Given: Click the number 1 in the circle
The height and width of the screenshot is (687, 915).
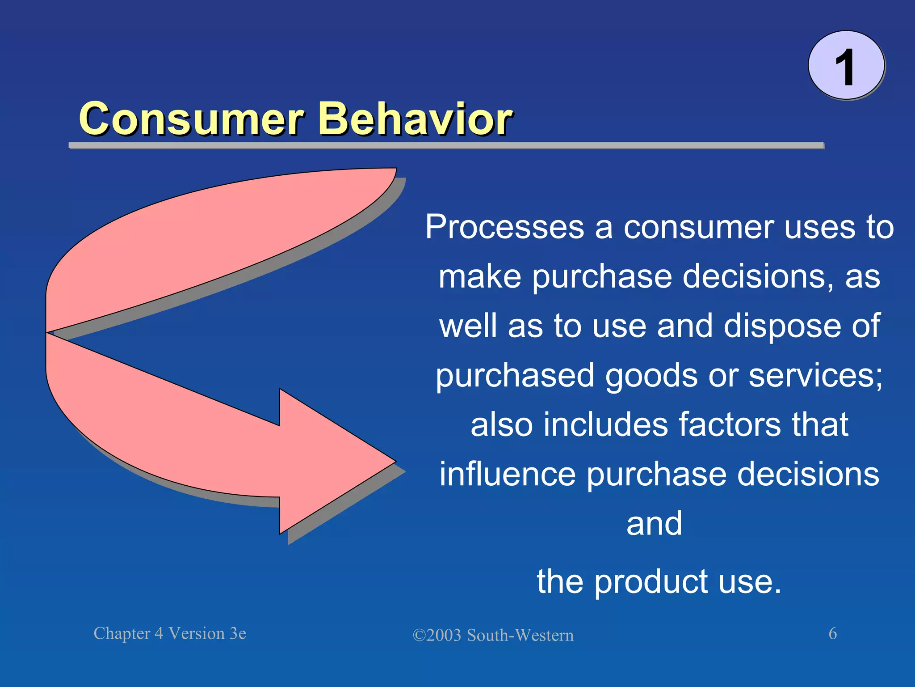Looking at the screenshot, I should click(x=845, y=67).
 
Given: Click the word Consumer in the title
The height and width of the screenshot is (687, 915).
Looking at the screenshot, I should click(x=191, y=119).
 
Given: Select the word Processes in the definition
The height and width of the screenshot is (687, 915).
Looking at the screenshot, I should click(x=504, y=227).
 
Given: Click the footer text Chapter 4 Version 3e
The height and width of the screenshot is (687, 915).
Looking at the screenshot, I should click(x=170, y=633).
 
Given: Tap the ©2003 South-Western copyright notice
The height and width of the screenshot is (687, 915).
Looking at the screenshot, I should click(x=493, y=635).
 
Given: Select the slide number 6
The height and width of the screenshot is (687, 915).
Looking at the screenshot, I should click(x=833, y=633).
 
